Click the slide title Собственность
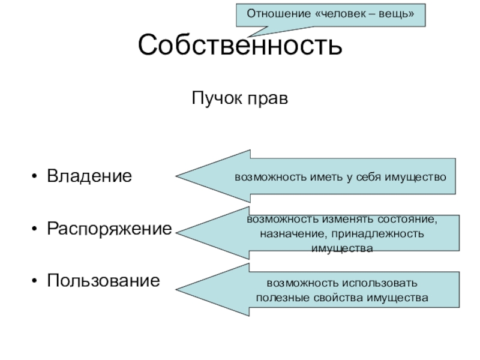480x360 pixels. click(240, 46)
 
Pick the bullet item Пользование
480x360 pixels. click(104, 280)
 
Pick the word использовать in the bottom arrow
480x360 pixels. click(379, 283)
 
